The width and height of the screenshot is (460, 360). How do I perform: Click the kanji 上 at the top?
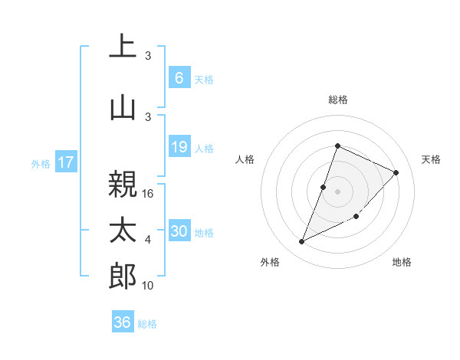123,46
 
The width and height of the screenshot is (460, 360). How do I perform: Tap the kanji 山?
123,107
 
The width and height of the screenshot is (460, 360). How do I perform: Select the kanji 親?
123,185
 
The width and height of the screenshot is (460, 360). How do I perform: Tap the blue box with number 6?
179,78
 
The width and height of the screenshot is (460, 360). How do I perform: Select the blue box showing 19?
179,147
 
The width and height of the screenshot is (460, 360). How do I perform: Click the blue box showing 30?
179,231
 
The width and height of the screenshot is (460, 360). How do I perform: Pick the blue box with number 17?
65,162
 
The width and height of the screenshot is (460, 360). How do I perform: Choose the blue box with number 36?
123,322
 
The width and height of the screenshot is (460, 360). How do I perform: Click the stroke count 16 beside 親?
149,194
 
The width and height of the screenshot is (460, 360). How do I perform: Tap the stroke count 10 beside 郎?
149,286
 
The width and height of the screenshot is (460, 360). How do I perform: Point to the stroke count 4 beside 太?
148,240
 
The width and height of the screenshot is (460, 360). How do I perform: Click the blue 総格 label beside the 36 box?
147,324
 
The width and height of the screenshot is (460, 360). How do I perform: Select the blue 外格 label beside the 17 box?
41,163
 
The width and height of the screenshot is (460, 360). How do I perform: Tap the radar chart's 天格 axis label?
431,159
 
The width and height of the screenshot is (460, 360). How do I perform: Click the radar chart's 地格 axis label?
401,263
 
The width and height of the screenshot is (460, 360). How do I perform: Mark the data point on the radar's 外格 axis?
301,242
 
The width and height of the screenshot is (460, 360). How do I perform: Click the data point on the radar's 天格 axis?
396,172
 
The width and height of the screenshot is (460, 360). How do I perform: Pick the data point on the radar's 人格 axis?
324,187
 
